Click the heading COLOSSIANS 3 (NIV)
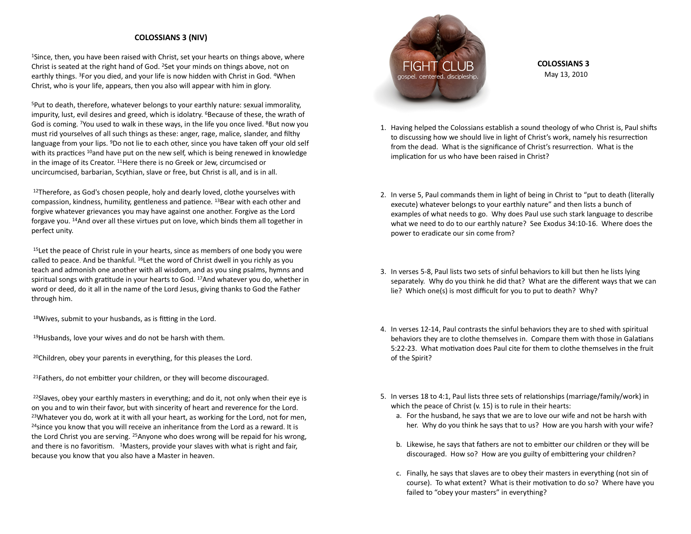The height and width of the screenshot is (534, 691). click(x=171, y=38)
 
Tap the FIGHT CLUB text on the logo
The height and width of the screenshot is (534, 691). click(x=438, y=66)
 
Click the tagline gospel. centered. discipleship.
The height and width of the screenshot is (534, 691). click(x=438, y=77)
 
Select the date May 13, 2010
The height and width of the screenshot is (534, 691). click(x=566, y=74)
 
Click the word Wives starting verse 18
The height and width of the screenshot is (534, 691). click(x=49, y=318)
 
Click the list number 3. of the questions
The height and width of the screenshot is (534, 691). click(x=383, y=271)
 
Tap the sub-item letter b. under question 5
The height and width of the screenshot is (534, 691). click(x=399, y=444)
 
